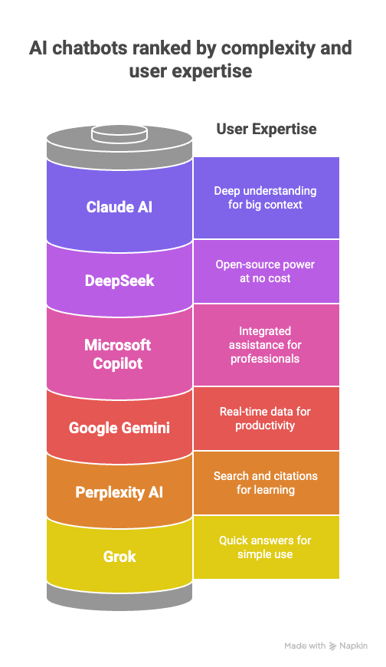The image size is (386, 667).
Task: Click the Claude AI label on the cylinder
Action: tap(119, 207)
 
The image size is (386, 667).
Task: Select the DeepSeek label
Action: tap(119, 281)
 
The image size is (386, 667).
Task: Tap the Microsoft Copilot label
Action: tap(118, 354)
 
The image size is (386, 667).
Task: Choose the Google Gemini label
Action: tap(119, 428)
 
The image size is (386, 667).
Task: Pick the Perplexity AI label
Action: tap(119, 492)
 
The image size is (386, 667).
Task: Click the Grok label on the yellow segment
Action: tap(119, 557)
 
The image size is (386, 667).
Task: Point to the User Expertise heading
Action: tap(266, 129)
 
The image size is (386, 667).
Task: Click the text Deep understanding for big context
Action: tap(265, 197)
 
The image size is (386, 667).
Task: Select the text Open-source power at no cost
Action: tap(265, 271)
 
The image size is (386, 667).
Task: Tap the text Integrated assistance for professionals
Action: tap(265, 345)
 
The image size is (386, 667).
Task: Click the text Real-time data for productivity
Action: tap(265, 419)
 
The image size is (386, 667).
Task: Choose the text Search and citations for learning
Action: tap(265, 483)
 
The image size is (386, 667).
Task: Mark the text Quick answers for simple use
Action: tap(265, 547)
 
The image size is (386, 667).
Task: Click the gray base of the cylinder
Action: tap(119, 594)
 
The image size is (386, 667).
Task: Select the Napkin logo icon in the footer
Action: tap(332, 646)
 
